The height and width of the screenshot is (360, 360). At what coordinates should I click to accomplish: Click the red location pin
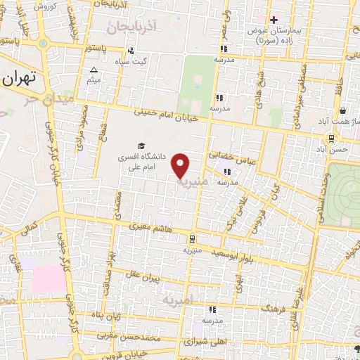(x=182, y=165)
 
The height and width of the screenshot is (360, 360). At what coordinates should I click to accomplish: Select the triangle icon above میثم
(x=94, y=70)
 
